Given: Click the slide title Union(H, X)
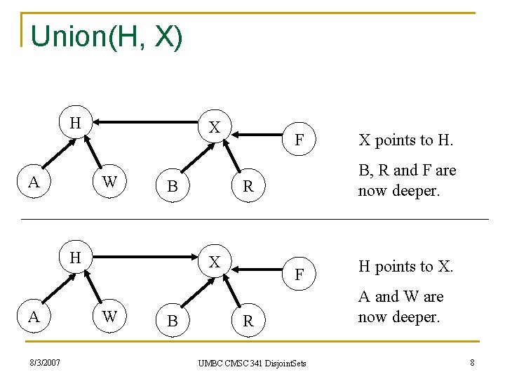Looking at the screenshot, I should (107, 36).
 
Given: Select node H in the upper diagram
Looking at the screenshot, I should (75, 123).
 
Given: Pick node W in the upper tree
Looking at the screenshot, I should (109, 182).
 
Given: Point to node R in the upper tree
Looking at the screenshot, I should (248, 187).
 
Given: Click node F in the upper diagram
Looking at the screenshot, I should (299, 140).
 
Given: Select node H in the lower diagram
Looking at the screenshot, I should (75, 258).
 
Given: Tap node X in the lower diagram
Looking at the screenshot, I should (215, 261).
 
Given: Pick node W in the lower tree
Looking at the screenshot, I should (109, 317).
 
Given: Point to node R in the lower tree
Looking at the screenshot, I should (248, 321).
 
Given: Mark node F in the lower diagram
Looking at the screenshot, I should (299, 274).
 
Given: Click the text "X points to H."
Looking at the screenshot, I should (405, 140).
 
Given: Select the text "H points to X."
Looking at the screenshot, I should (405, 266).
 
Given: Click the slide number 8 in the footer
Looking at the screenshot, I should (472, 362).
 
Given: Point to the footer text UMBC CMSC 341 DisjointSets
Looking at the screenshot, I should (252, 364).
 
